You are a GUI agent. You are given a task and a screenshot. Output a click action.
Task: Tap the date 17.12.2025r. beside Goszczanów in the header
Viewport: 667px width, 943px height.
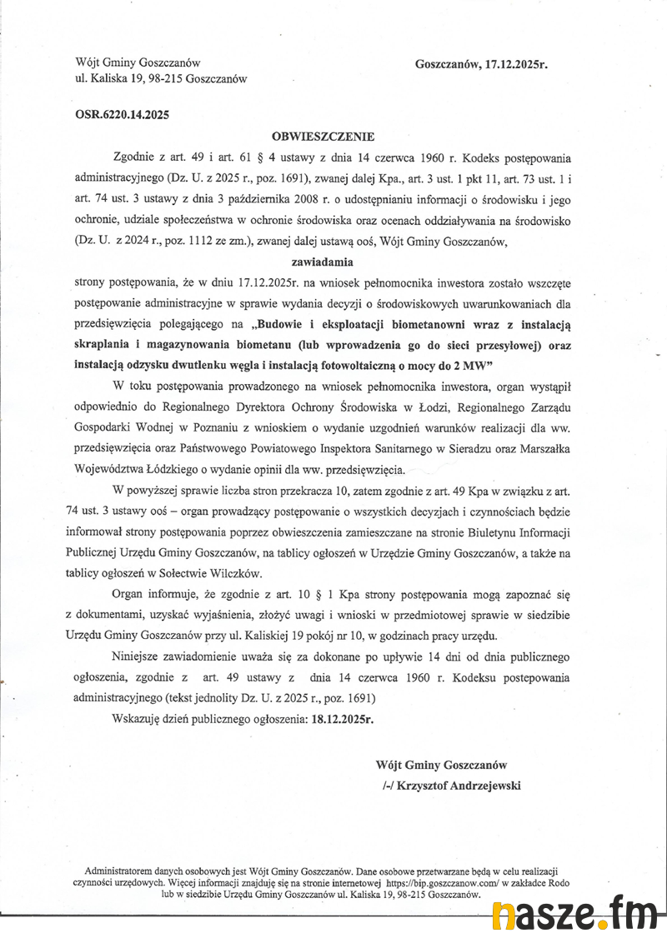pyautogui.click(x=515, y=63)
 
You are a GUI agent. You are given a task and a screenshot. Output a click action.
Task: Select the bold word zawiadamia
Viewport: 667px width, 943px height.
pyautogui.click(x=323, y=262)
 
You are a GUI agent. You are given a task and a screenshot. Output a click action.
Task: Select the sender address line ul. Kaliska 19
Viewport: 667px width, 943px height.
pyautogui.click(x=161, y=79)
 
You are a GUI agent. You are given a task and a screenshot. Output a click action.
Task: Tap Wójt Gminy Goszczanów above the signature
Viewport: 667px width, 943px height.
pyautogui.click(x=441, y=764)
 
